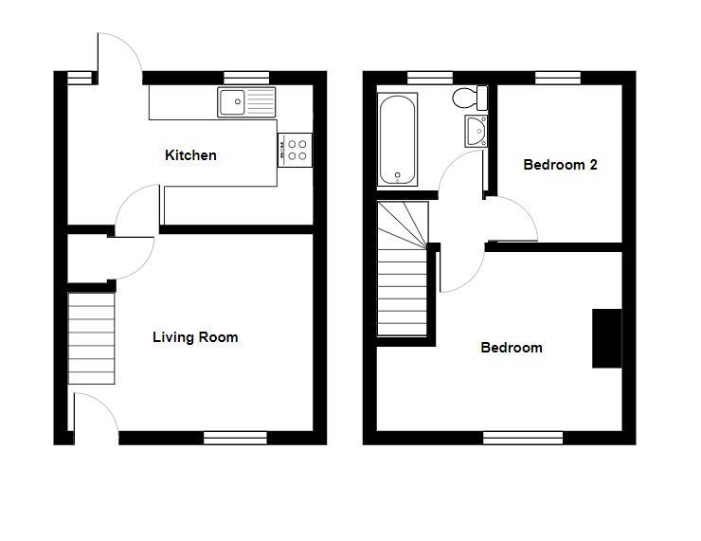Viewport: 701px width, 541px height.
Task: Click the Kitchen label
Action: tap(190, 155)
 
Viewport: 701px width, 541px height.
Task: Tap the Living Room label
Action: tap(195, 337)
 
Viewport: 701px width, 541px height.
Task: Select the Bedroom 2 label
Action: tap(560, 165)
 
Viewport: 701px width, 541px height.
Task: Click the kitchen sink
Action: tap(246, 102)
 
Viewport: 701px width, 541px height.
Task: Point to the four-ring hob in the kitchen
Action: tap(295, 151)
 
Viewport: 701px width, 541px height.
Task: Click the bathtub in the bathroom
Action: tap(398, 139)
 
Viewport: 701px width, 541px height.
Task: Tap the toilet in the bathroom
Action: tap(470, 98)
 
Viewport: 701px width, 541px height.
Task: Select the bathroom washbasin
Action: tap(476, 131)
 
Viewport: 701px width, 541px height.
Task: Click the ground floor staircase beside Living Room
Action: tap(91, 338)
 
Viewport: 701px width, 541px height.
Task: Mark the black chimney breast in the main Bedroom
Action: tap(606, 338)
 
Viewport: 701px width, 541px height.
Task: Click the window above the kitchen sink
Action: tap(246, 78)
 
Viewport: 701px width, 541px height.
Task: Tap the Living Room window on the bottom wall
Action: tap(235, 438)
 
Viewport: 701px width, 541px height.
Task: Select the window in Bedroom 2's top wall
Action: tap(558, 78)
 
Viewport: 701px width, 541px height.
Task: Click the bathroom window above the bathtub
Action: tap(430, 78)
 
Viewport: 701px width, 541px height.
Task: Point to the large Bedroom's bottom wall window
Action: tap(523, 438)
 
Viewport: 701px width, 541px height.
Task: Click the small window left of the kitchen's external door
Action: tap(80, 78)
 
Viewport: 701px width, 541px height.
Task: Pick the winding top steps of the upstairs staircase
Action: tap(403, 225)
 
